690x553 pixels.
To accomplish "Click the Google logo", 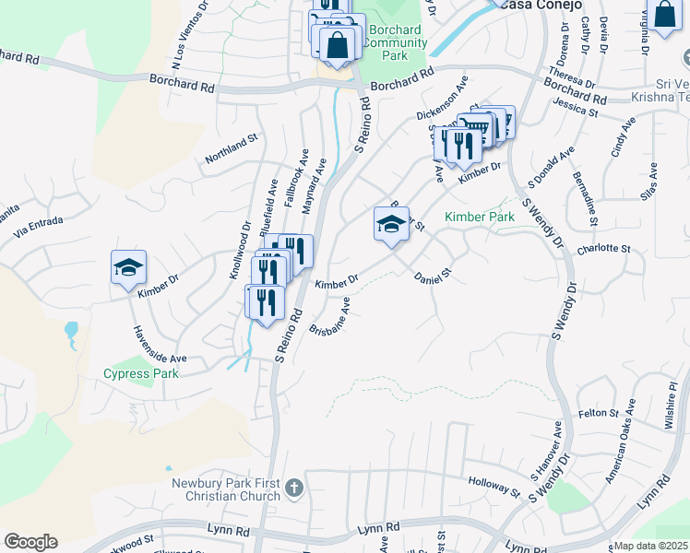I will coord(30,542).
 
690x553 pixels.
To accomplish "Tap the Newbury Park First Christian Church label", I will coord(224,489).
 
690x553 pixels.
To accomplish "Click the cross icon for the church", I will coord(293,488).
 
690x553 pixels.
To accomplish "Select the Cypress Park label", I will coord(141,373).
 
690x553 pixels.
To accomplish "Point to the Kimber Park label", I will coord(479,217).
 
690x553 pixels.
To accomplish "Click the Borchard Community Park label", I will coord(397,43).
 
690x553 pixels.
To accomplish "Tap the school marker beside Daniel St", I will coord(391,225).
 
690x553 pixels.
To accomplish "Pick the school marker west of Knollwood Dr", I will coord(128,268).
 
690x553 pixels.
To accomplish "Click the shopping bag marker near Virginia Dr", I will coord(663,15).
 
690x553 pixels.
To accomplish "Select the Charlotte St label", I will coord(603,249).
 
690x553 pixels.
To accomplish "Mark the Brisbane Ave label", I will coord(330,316).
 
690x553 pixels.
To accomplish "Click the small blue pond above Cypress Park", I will coord(71,329).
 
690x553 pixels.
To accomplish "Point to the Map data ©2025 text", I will coord(650,546).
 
